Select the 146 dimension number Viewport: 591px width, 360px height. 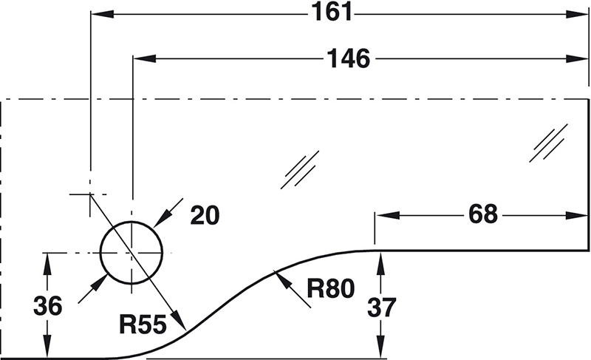click(349, 58)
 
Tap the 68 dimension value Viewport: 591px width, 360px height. click(483, 215)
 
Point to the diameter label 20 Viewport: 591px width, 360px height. click(205, 216)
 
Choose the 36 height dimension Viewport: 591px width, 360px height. click(47, 305)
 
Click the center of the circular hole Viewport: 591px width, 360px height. click(131, 252)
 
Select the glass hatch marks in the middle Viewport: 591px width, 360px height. click(301, 169)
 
